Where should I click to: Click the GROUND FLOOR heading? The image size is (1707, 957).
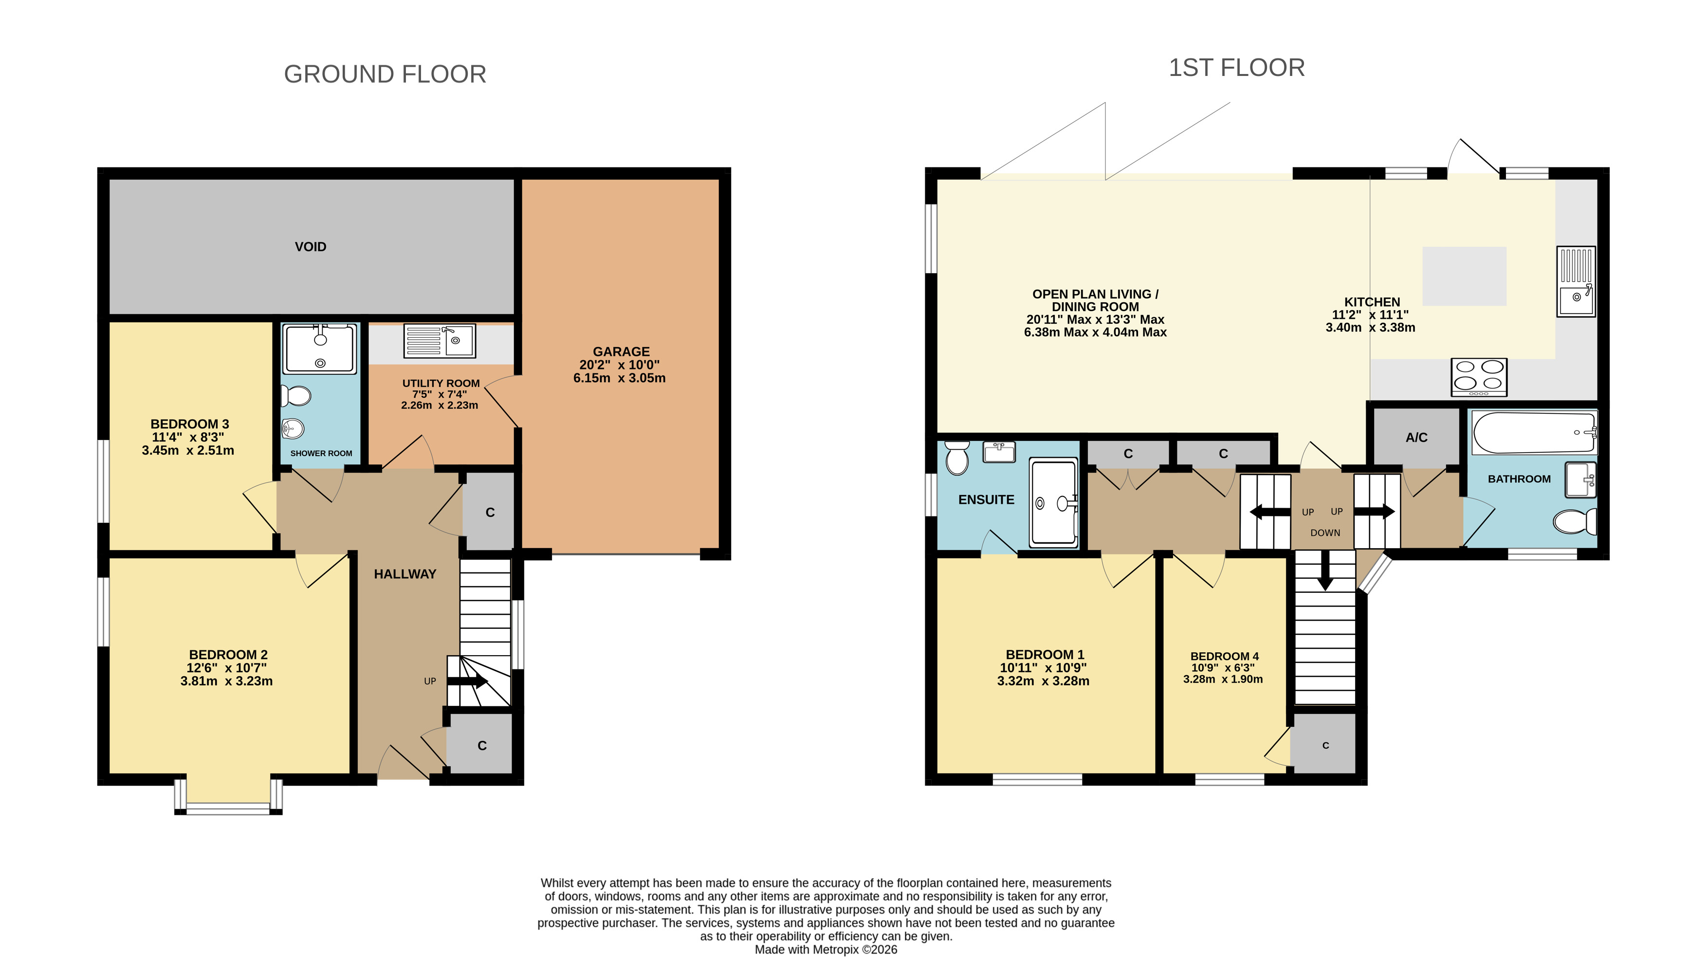pyautogui.click(x=385, y=74)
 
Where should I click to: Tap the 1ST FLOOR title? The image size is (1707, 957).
pyautogui.click(x=1236, y=68)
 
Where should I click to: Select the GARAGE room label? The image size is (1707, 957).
pyautogui.click(x=621, y=352)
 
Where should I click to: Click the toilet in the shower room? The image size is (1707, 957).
pyautogui.click(x=295, y=396)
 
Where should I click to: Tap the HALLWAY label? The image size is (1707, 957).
pyautogui.click(x=405, y=574)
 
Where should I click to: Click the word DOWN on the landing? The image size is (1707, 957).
pyautogui.click(x=1325, y=533)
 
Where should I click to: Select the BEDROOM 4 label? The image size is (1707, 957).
pyautogui.click(x=1225, y=656)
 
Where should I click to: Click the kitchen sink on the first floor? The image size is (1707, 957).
pyautogui.click(x=1577, y=281)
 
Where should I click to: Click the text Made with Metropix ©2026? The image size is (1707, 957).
pyautogui.click(x=826, y=950)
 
